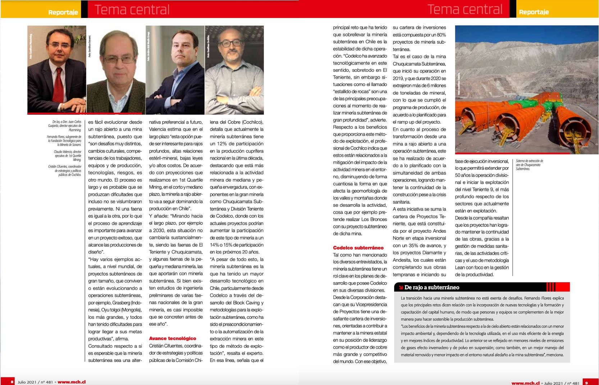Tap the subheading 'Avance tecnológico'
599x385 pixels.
point(173,338)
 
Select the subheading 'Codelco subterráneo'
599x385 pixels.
point(358,248)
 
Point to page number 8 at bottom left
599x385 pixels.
point(12,382)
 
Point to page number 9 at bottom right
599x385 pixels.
point(586,383)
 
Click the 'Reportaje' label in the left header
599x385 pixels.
point(63,12)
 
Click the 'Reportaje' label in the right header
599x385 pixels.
point(534,12)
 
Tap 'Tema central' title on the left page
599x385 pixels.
point(132,10)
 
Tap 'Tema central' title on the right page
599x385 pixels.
point(465,10)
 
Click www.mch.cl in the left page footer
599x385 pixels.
point(72,382)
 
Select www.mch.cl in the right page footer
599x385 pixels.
point(525,383)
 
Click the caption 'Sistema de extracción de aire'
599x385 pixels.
point(529,165)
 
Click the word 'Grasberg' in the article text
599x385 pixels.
point(121,303)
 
